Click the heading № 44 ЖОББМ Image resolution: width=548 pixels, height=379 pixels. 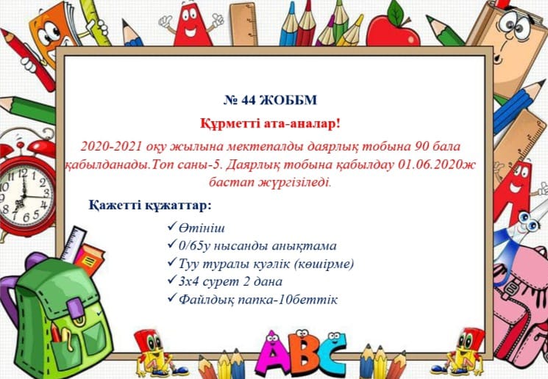pyautogui.click(x=270, y=100)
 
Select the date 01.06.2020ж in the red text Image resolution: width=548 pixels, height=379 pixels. pyautogui.click(x=436, y=164)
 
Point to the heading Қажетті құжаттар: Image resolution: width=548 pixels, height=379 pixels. pyautogui.click(x=150, y=205)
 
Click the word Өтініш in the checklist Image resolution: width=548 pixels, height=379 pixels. pyautogui.click(x=202, y=228)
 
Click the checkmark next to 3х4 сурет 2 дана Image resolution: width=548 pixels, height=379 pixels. pyautogui.click(x=171, y=279)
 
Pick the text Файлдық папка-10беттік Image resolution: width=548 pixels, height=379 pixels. pyautogui.click(x=258, y=300)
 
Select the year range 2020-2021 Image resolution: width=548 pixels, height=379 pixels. pyautogui.click(x=111, y=146)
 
